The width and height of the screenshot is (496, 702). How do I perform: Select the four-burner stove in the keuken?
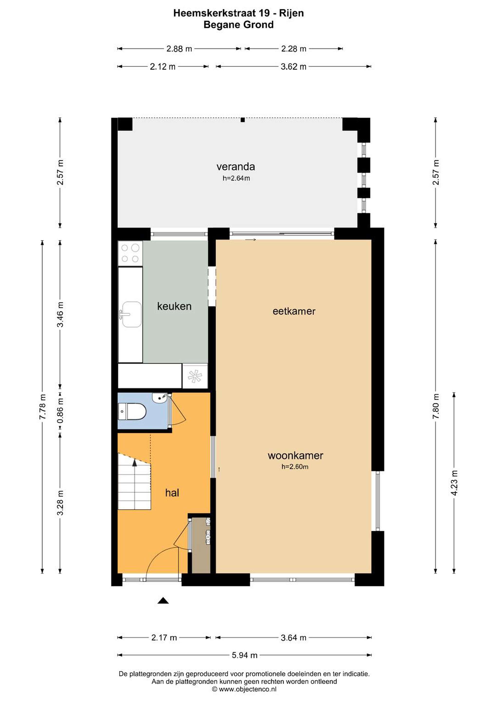tap(130, 253)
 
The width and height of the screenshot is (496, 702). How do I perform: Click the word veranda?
tap(236, 167)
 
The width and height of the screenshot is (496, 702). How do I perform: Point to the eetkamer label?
tap(294, 311)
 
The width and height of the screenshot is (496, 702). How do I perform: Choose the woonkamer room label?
tap(295, 456)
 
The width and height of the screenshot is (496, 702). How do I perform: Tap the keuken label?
tap(174, 306)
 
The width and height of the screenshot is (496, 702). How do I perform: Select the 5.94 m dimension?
tap(245, 655)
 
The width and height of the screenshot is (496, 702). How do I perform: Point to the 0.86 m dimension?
tap(60, 410)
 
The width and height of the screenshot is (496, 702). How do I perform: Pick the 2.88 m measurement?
tap(179, 49)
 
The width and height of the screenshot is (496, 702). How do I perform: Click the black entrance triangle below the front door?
tap(163, 601)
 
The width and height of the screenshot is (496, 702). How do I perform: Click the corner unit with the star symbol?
tap(195, 376)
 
